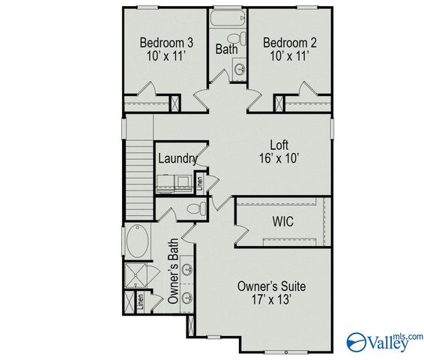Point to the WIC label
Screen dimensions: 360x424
click(282, 223)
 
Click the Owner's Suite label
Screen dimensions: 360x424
click(271, 286)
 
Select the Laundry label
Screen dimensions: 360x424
click(177, 158)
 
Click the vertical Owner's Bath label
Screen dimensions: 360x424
click(173, 271)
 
